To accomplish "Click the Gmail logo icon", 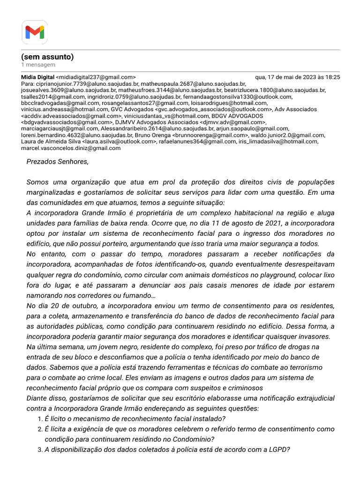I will pyautogui.click(x=34, y=32).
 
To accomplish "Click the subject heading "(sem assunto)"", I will pyautogui.click(x=47, y=57).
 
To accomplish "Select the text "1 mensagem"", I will pyautogui.click(x=38, y=65).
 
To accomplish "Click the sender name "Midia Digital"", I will pyautogui.click(x=37, y=77).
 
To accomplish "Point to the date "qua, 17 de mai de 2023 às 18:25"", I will pyautogui.click(x=297, y=77).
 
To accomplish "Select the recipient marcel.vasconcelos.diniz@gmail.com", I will pyautogui.click(x=71, y=148).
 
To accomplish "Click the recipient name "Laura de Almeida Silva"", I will pyautogui.click(x=51, y=141).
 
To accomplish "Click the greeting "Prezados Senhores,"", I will pyautogui.click(x=57, y=162).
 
